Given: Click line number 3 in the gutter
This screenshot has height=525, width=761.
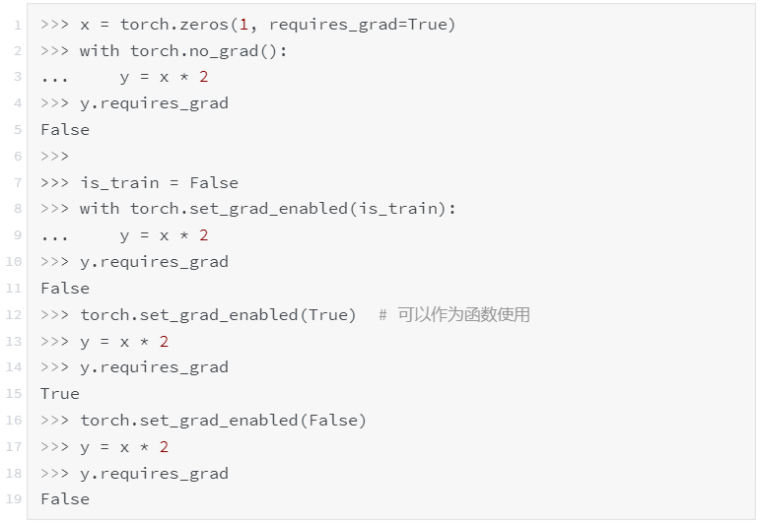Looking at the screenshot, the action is (x=17, y=77).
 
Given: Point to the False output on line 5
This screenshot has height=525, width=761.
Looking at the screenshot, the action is (x=65, y=130).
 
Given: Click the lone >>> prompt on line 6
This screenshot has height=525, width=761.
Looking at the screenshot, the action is (x=55, y=156).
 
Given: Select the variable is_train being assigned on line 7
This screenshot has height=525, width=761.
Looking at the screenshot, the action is (x=120, y=182).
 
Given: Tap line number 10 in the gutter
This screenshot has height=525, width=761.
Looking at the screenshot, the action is (x=14, y=262).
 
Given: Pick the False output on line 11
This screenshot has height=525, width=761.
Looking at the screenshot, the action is (x=65, y=289).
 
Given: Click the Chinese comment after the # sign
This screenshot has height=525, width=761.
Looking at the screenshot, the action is (x=463, y=314).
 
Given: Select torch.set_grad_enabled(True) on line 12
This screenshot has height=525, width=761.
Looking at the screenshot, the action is (x=218, y=314).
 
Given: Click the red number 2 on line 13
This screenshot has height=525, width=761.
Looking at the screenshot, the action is (x=164, y=341).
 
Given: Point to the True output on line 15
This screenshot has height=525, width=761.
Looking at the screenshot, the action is (x=60, y=394).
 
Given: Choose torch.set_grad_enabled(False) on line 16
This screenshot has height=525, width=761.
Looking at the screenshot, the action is (x=223, y=421).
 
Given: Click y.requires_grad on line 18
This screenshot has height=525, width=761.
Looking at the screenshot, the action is (x=154, y=474).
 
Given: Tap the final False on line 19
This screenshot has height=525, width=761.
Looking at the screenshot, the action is (x=65, y=499).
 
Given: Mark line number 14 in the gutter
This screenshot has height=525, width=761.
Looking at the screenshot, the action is (x=14, y=367).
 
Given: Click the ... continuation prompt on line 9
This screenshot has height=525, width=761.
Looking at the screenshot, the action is (x=55, y=235).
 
